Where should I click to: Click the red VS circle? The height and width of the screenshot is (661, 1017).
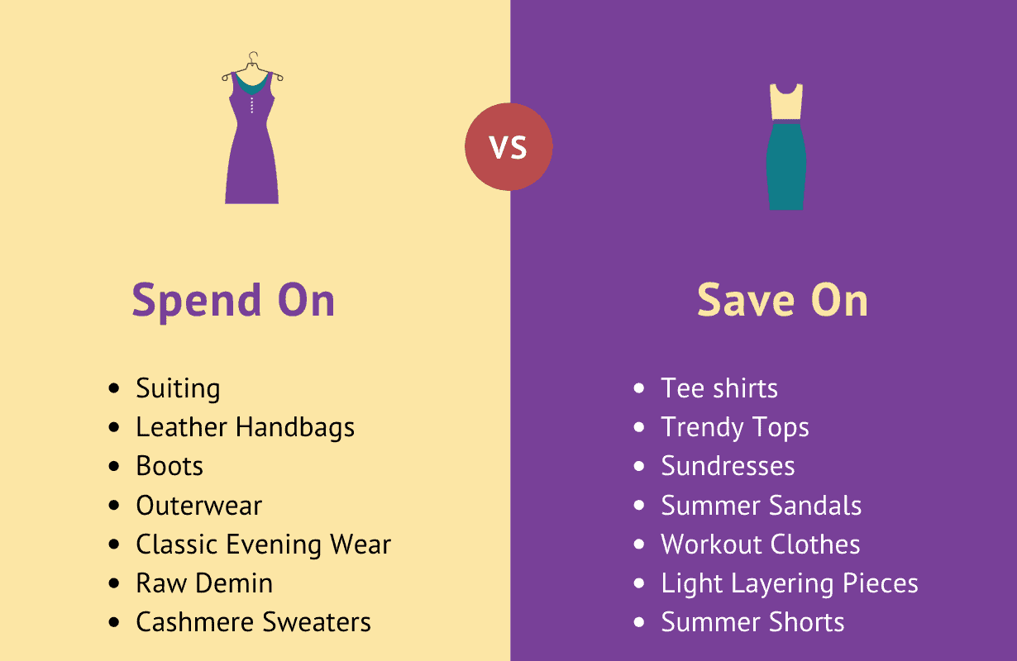(508, 146)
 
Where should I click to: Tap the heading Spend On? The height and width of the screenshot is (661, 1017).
(233, 301)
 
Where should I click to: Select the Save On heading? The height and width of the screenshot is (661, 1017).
(782, 299)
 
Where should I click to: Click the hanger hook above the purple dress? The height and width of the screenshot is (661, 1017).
(253, 58)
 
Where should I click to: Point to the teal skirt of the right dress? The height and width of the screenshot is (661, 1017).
(786, 166)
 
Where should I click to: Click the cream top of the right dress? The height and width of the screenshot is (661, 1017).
(786, 102)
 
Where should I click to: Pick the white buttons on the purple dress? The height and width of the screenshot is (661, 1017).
(252, 105)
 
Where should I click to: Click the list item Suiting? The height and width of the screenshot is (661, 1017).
(178, 389)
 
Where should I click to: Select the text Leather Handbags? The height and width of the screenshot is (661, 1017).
(246, 427)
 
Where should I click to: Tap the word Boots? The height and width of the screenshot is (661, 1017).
(169, 466)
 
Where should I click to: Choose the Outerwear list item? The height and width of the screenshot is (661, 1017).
(199, 506)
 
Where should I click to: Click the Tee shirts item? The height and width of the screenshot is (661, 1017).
(719, 388)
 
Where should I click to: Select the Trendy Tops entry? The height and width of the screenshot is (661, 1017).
(735, 428)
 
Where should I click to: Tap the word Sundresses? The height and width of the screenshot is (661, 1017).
(728, 466)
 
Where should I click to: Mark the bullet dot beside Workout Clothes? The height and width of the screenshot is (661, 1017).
(639, 544)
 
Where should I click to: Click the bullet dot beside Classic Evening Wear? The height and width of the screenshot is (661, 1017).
(114, 544)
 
